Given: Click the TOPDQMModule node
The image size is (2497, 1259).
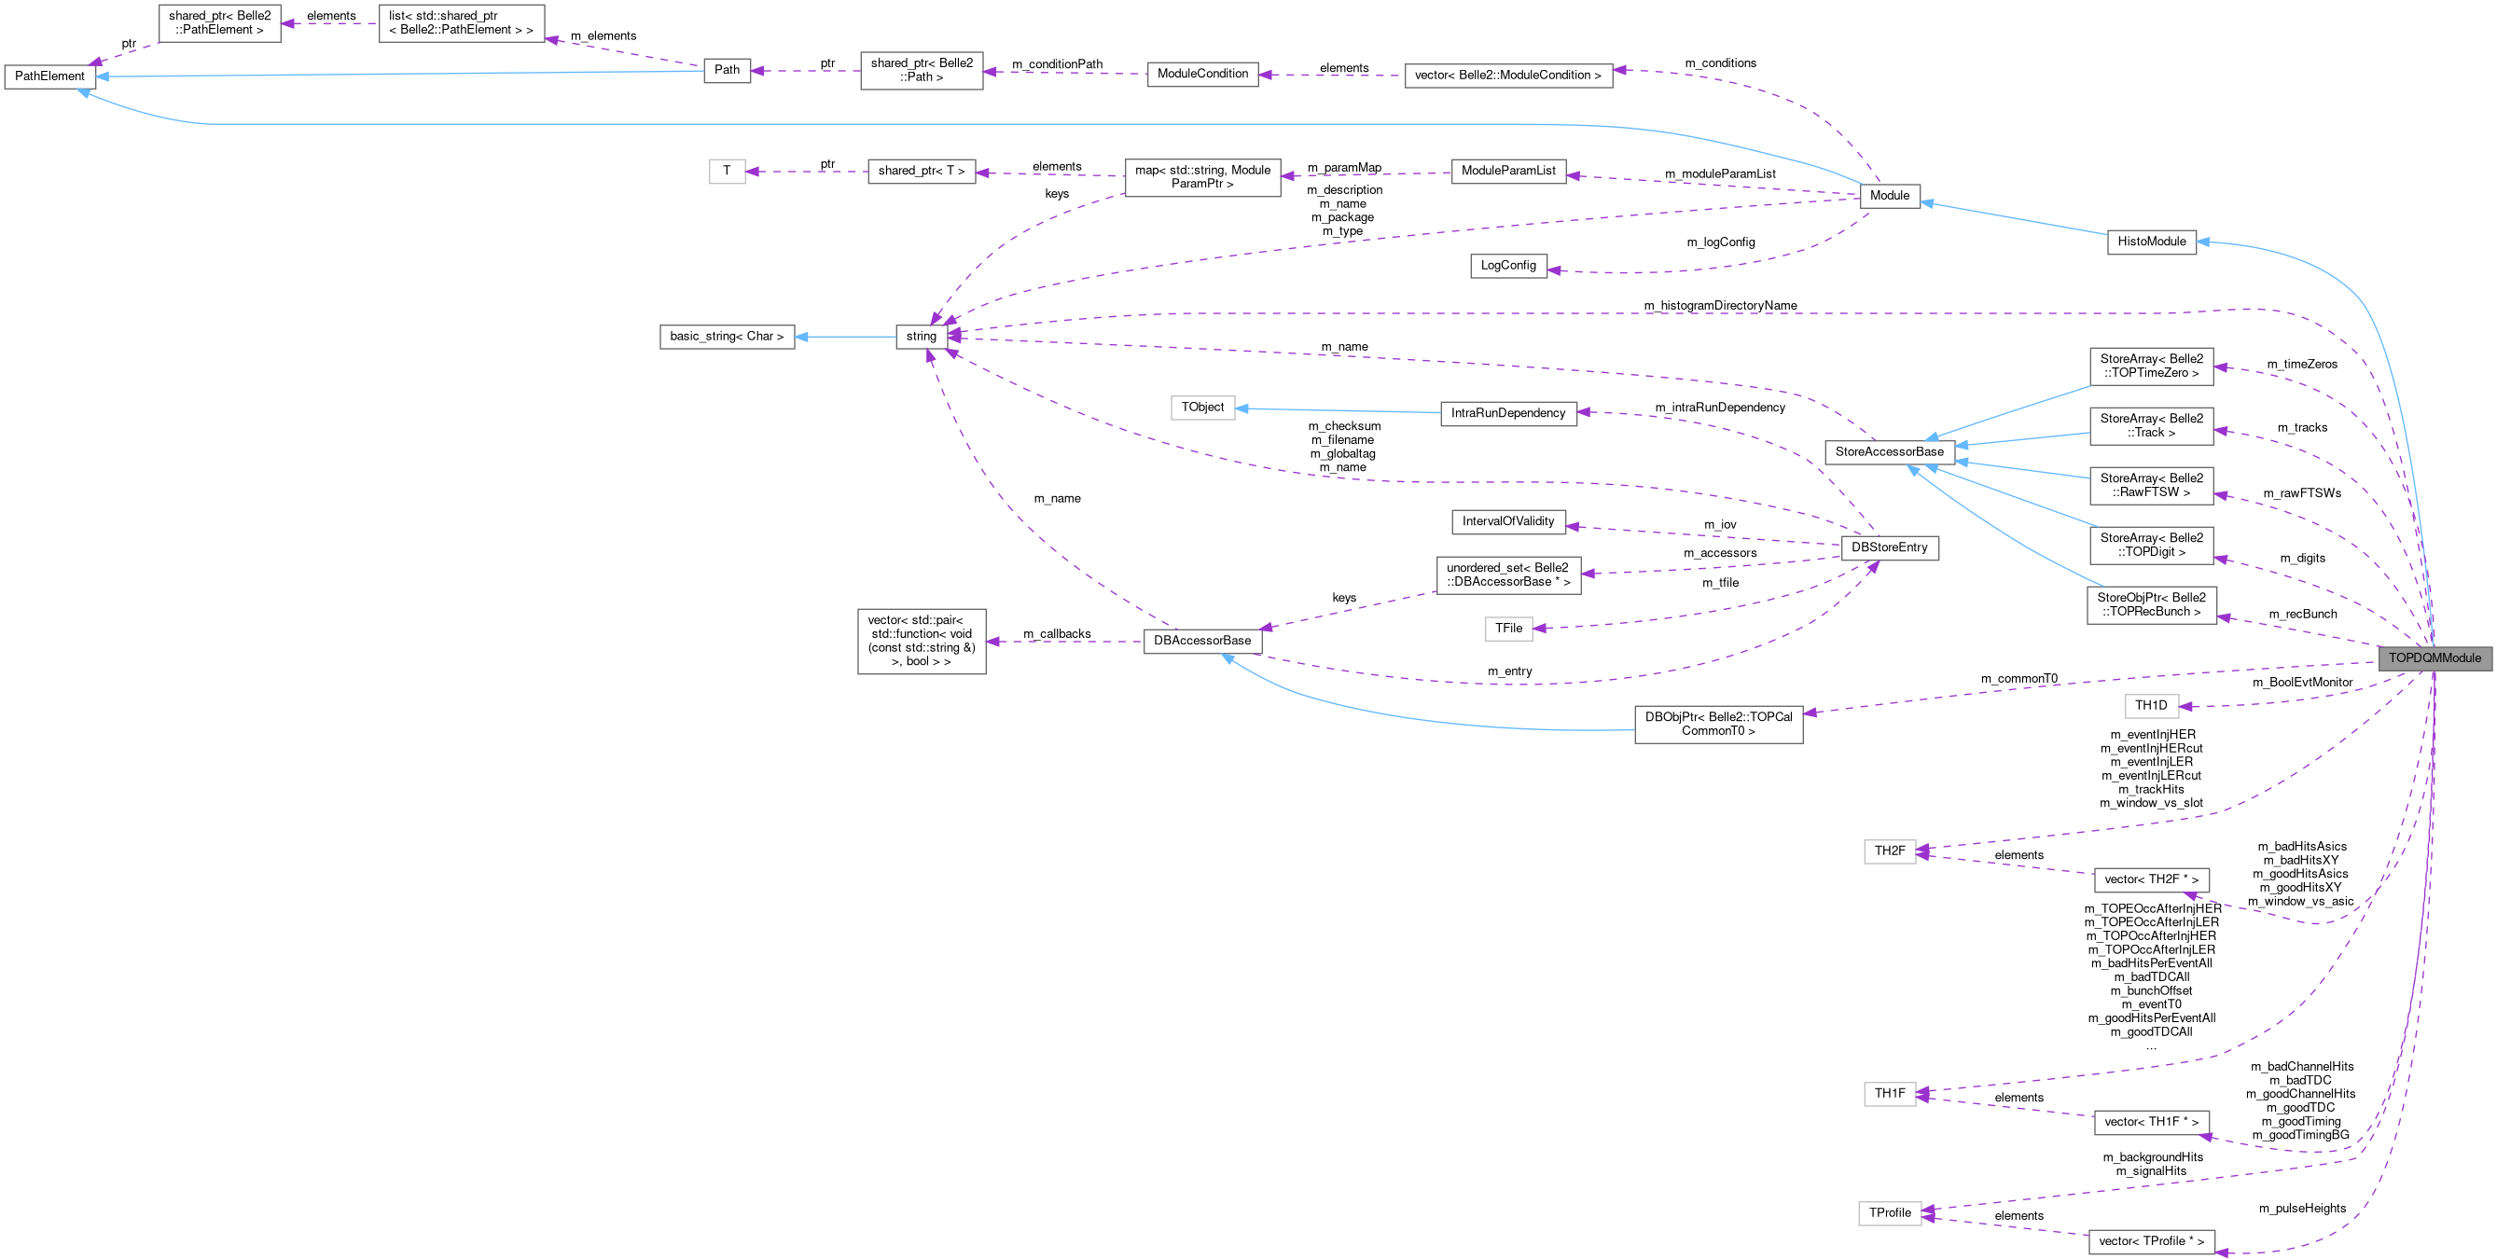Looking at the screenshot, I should [2434, 658].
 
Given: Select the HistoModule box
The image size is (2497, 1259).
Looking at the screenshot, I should [2151, 242].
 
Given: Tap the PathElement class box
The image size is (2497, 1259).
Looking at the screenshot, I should [49, 76].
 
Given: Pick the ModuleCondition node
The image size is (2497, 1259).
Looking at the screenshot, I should [1202, 74].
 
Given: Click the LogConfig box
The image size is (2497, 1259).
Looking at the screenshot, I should [1507, 266].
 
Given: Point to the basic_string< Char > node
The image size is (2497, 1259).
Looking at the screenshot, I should [726, 337].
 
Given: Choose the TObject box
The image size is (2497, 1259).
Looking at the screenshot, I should [1202, 407].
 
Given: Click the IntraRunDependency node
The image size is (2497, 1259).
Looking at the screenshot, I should [1507, 413].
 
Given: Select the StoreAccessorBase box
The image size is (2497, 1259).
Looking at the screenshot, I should [1888, 451].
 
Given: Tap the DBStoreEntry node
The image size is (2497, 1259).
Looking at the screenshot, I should [1888, 547].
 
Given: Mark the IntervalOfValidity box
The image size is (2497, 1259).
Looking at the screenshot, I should [1507, 521].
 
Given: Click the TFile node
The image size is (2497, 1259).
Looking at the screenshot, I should [1507, 629].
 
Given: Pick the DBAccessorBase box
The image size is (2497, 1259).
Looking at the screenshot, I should [1202, 641].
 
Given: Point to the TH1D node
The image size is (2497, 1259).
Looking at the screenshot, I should [2151, 706].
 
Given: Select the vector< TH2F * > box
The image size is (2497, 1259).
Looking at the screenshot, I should [2151, 879].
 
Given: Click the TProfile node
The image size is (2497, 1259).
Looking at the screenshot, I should [1889, 1212].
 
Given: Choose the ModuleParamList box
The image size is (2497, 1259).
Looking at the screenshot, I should [1507, 171].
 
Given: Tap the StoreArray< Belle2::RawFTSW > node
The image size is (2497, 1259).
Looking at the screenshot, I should [2151, 485].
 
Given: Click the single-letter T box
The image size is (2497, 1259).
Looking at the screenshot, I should [726, 171].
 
